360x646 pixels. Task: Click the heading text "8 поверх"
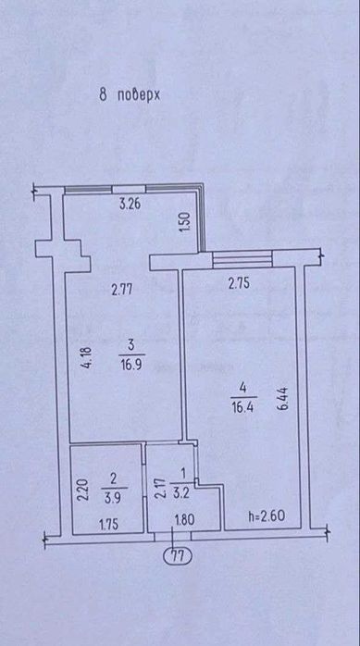[x=130, y=95]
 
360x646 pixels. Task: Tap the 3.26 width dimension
[x=130, y=205]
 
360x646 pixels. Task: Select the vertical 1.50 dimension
[x=186, y=221]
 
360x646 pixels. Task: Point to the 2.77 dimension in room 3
[x=122, y=291]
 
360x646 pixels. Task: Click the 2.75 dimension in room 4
[x=239, y=284]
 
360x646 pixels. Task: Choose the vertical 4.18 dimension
[x=87, y=358]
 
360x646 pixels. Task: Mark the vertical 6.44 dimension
[x=283, y=397]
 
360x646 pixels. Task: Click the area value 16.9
[x=131, y=365]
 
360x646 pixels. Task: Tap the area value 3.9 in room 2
[x=114, y=497]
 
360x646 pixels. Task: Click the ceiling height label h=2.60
[x=267, y=516]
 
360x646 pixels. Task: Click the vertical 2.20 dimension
[x=83, y=489]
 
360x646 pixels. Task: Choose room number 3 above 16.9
[x=131, y=346]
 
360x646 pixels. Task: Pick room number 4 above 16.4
[x=243, y=388]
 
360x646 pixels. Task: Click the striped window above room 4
[x=242, y=259]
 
